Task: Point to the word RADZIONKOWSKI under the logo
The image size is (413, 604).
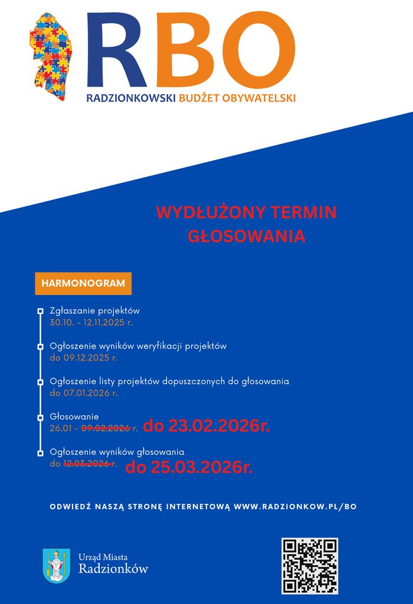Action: click(131, 98)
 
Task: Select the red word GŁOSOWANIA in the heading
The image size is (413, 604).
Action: click(246, 236)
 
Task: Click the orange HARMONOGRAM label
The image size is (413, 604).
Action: click(83, 283)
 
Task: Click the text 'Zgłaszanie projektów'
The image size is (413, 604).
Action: click(94, 311)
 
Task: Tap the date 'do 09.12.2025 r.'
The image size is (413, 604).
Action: click(83, 357)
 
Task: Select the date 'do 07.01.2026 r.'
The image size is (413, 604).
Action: click(83, 393)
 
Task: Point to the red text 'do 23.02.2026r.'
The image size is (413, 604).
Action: click(206, 426)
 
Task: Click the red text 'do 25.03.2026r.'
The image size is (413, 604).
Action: click(189, 468)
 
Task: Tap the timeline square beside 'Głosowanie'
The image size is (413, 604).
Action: click(40, 417)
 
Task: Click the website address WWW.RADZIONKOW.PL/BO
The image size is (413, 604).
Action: click(295, 507)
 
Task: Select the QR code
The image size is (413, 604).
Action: click(310, 566)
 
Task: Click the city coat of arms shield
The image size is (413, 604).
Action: click(57, 565)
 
